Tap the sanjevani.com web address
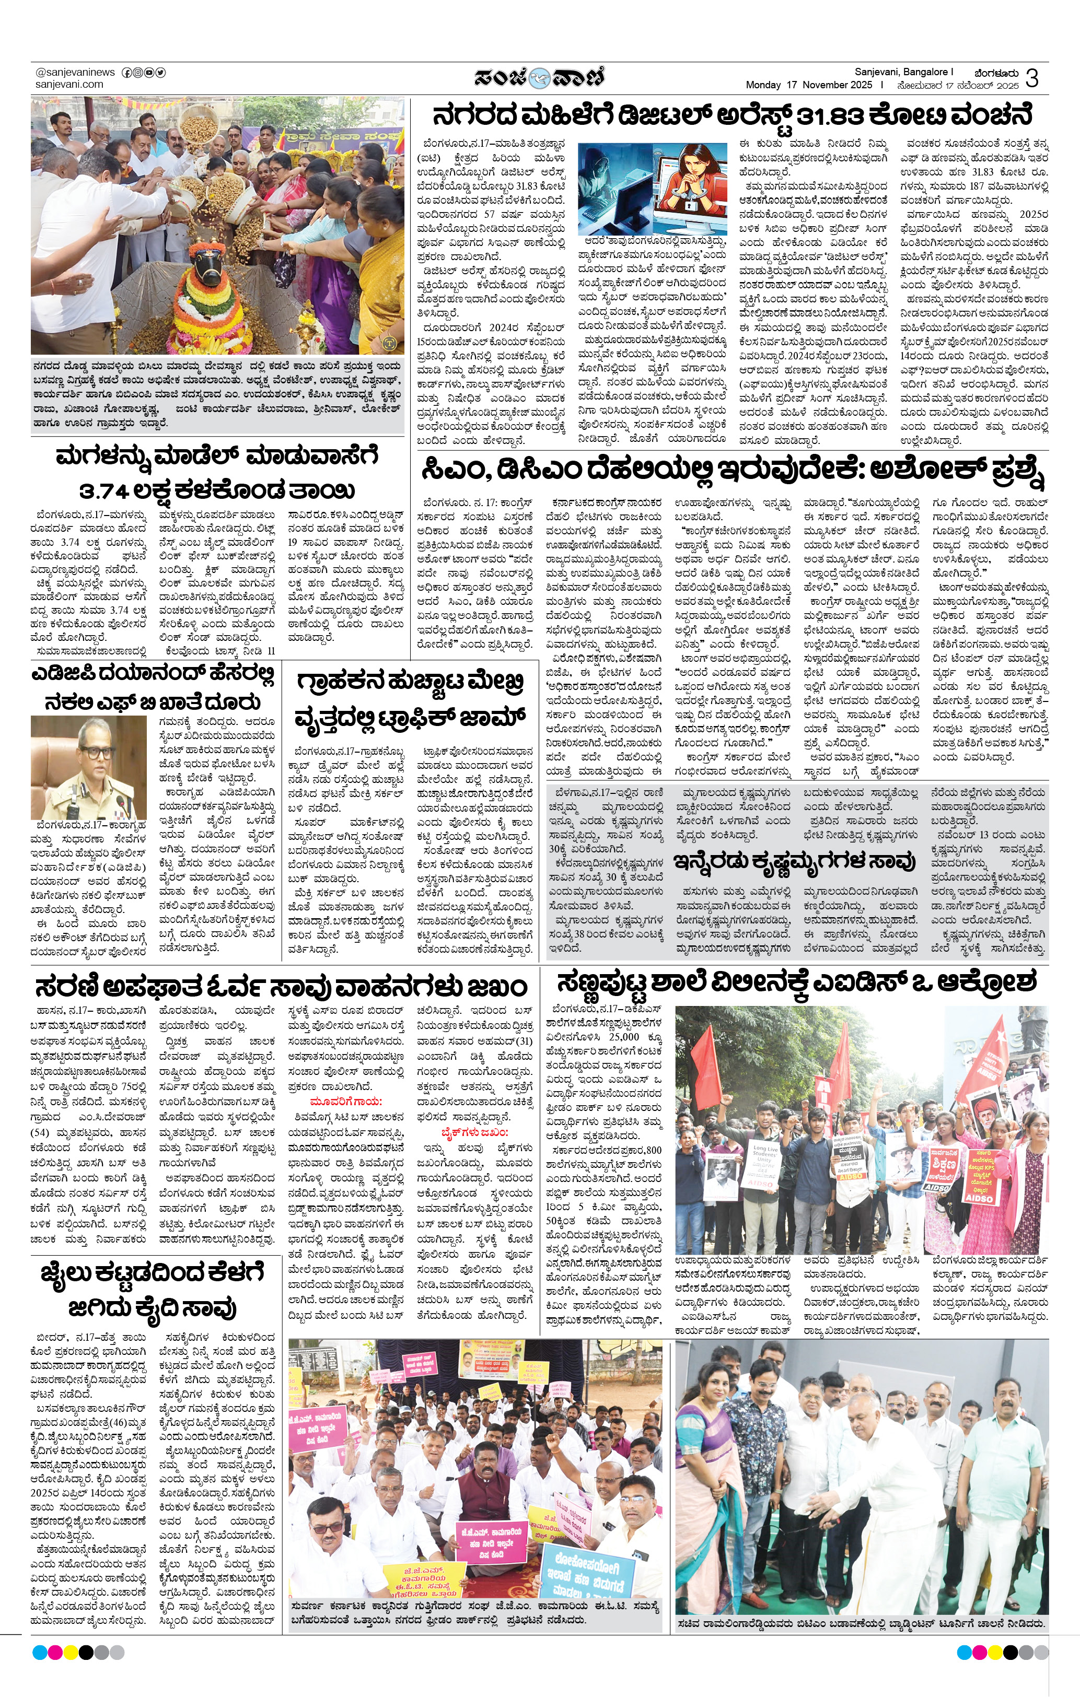(69, 84)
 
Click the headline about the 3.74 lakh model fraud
(217, 473)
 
